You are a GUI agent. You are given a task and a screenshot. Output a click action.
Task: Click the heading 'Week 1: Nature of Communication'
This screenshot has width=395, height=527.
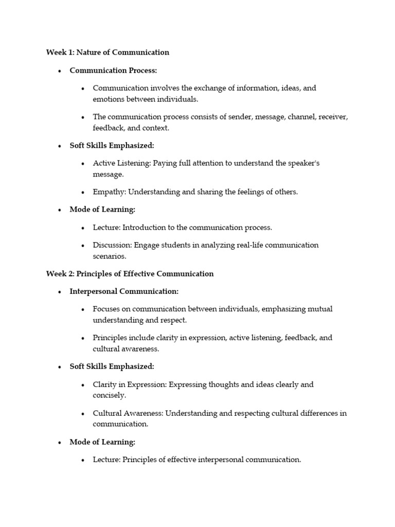pos(107,52)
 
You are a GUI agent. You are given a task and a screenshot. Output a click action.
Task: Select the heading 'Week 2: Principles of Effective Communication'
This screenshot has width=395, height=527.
pos(130,273)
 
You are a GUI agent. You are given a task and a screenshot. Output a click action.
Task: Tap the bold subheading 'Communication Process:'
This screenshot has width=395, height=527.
pos(113,70)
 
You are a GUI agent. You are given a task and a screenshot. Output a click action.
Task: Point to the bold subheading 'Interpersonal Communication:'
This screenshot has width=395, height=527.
pos(124,291)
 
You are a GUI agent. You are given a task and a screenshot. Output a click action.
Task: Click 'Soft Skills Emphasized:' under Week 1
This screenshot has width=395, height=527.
pos(112,146)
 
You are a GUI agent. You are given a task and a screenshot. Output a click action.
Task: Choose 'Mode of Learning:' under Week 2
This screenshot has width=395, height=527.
pos(102,442)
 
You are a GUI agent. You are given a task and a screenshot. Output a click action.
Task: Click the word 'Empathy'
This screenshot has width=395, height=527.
pos(109,192)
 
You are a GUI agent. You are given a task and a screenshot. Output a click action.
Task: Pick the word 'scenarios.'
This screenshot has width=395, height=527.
pos(109,256)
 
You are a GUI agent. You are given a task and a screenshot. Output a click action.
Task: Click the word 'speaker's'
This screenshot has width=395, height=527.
pos(302,163)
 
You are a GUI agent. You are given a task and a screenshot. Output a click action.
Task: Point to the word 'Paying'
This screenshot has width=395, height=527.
pos(165,163)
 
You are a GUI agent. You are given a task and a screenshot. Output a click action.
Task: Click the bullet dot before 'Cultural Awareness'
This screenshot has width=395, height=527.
pos(83,413)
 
